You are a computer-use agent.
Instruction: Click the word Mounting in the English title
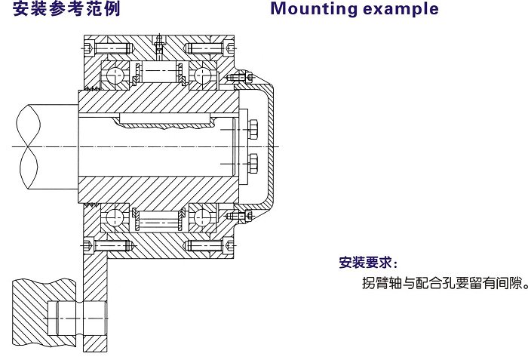310,10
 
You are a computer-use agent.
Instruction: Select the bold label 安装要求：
367,263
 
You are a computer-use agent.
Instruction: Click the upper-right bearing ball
201,75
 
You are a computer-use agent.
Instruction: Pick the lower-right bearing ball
201,217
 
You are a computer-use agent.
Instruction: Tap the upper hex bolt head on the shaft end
252,129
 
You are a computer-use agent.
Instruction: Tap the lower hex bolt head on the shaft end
252,162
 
